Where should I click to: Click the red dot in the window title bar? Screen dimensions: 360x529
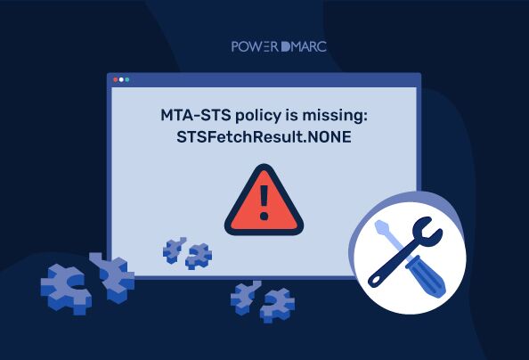(115, 79)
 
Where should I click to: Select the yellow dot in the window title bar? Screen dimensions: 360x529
(120, 79)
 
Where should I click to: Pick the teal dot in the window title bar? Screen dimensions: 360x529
(126, 79)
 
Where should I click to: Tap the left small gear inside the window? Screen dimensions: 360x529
(175, 249)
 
